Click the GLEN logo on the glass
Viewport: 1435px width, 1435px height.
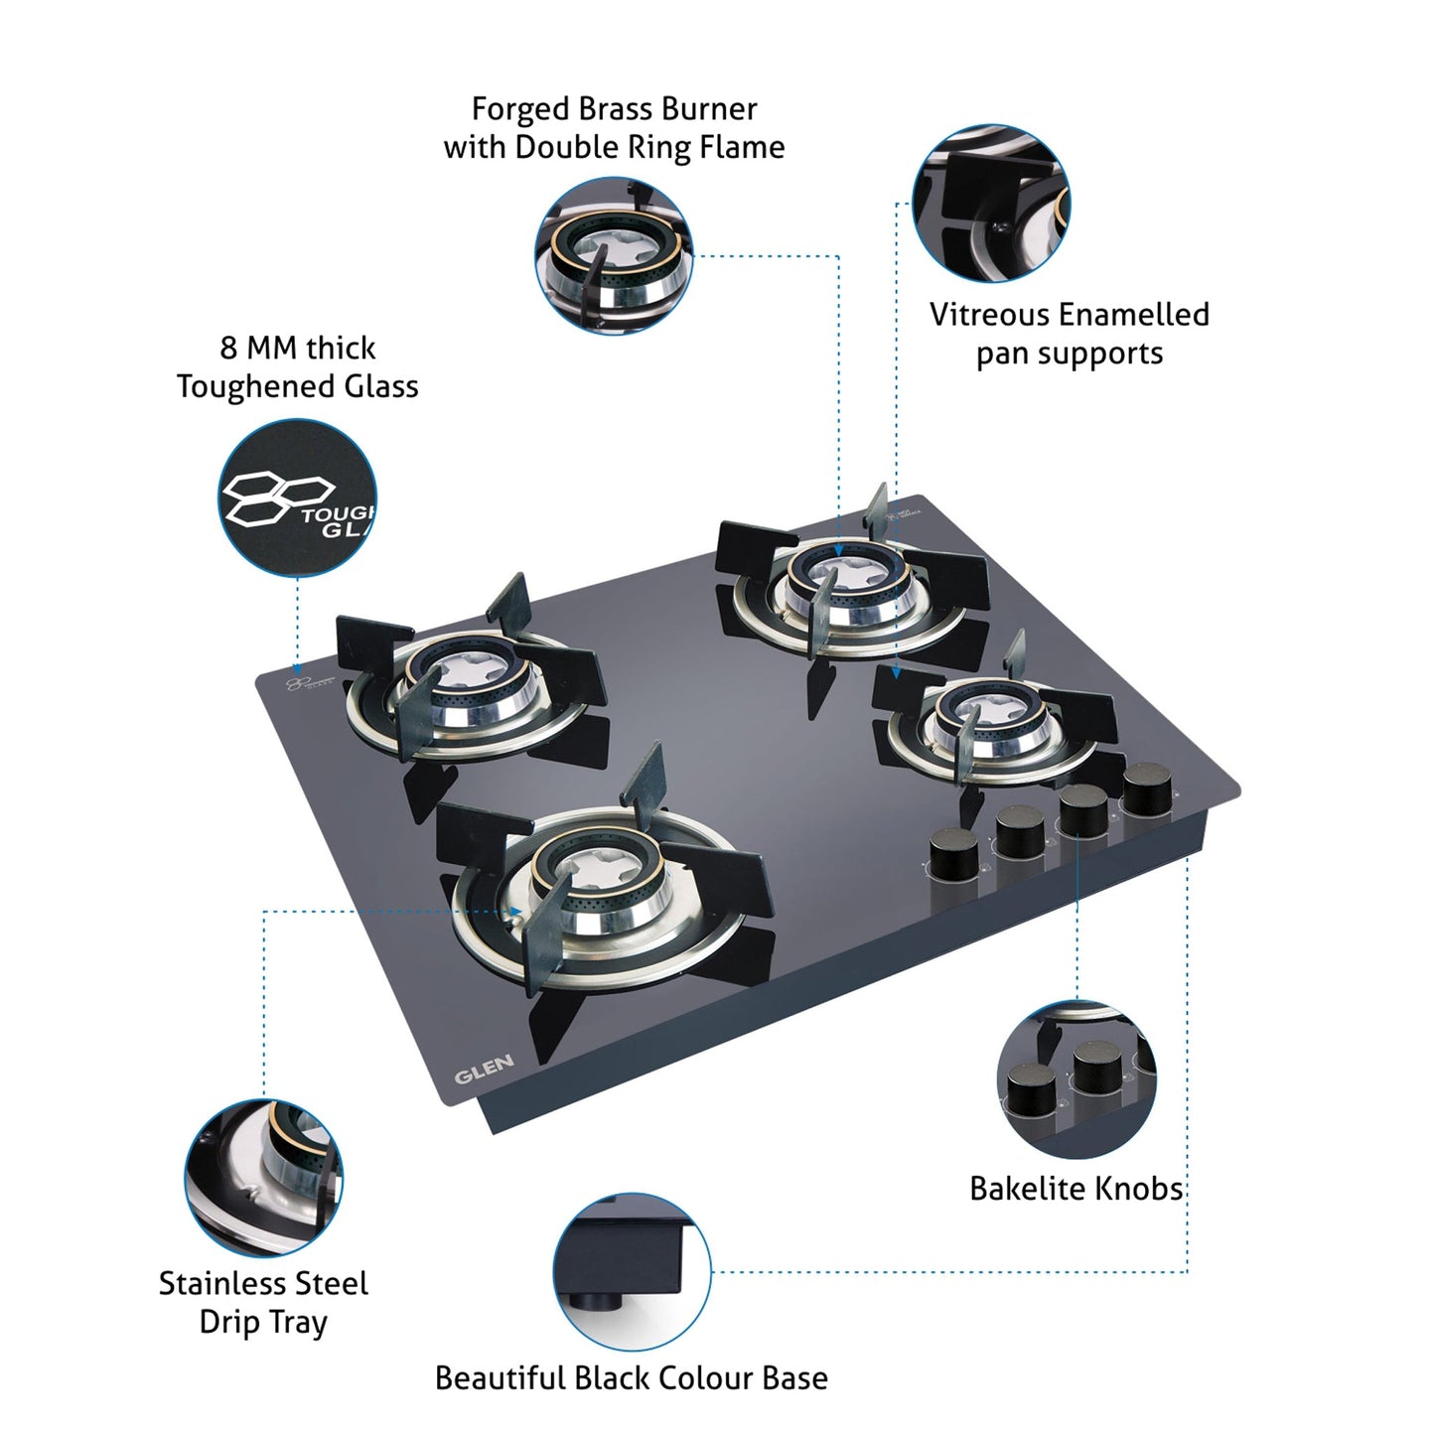(x=484, y=1070)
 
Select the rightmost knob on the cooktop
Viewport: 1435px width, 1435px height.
(x=1148, y=789)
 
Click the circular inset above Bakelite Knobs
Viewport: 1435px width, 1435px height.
(x=1076, y=1079)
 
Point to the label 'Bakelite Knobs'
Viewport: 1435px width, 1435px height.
(x=1076, y=1189)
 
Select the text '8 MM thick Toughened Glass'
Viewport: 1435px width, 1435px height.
(x=297, y=367)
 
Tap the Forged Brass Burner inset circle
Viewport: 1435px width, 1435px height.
(x=614, y=256)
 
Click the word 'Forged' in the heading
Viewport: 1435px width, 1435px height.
(x=514, y=108)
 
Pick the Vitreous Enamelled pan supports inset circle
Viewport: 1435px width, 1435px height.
(x=990, y=204)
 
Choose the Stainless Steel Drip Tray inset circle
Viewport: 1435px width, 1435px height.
(x=263, y=1177)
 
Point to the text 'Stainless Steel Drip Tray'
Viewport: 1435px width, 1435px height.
(x=263, y=1303)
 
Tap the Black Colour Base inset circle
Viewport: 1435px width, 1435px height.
(x=632, y=1272)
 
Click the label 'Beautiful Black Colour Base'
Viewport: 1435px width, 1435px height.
(x=631, y=1378)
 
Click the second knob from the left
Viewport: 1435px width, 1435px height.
(x=1022, y=831)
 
